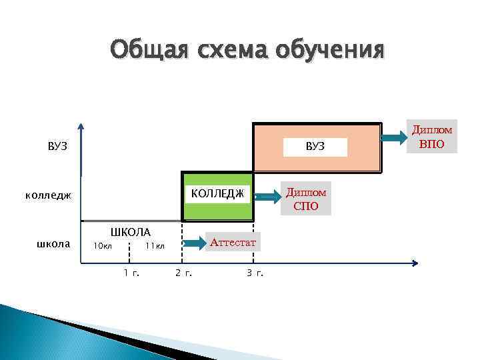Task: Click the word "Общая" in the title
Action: (149, 49)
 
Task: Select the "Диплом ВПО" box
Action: (432, 137)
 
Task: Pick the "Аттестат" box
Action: (233, 242)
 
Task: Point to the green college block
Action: (217, 209)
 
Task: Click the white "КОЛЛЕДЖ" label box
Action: (217, 193)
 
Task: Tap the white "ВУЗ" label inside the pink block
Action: (315, 146)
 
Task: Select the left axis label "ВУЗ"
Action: (57, 147)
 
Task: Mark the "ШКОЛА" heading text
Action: (130, 232)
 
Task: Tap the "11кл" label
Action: (154, 247)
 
